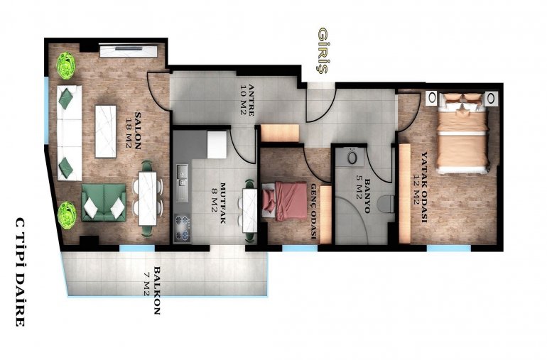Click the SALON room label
pyautogui.click(x=138, y=131)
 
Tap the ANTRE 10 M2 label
pyautogui.click(x=247, y=100)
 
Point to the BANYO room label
pyautogui.click(x=367, y=196)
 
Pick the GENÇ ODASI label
pyautogui.click(x=313, y=212)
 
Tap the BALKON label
pyautogui.click(x=157, y=290)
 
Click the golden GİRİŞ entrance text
pyautogui.click(x=323, y=51)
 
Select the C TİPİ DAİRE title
pyautogui.click(x=20, y=272)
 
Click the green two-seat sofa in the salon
pyautogui.click(x=104, y=202)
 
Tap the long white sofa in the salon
pyautogui.click(x=70, y=133)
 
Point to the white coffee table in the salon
pyautogui.click(x=106, y=131)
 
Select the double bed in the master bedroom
pyautogui.click(x=462, y=133)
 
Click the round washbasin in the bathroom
pyautogui.click(x=352, y=158)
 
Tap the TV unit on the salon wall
pyautogui.click(x=129, y=50)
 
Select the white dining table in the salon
pyautogui.click(x=147, y=199)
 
